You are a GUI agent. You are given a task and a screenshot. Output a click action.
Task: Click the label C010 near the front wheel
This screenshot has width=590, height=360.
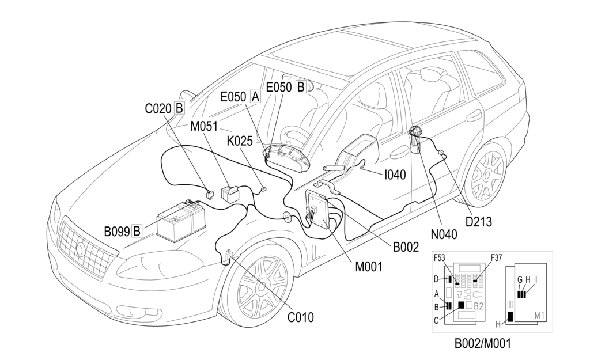(300, 316)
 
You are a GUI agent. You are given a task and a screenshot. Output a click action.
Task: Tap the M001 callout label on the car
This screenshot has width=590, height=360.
(369, 266)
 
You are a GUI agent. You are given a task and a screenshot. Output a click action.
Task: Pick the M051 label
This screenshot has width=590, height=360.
(204, 126)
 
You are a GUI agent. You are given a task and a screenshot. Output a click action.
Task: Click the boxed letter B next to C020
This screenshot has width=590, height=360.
(179, 108)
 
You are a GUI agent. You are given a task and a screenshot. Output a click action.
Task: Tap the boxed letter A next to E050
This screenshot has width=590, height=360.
(255, 97)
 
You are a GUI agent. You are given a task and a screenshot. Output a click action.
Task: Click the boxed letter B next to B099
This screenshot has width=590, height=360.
(137, 232)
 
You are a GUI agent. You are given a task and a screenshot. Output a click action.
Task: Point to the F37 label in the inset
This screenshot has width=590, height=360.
(497, 257)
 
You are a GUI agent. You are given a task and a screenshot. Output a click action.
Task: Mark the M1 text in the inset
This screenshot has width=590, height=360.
(540, 315)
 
